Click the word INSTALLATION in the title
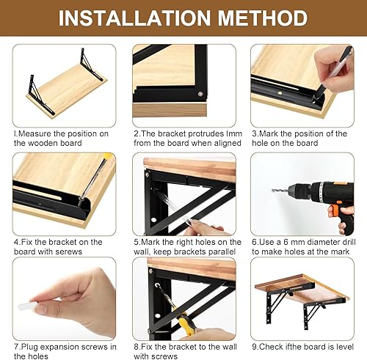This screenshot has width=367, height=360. click(134, 18)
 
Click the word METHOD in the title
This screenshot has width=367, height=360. click(263, 18)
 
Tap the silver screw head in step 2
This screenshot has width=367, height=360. click(200, 94)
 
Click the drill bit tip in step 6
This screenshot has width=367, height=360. click(272, 190)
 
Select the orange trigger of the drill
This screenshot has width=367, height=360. click(333, 210)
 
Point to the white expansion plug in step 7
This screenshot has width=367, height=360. click(26, 306)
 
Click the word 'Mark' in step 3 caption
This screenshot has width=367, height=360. click(269, 133)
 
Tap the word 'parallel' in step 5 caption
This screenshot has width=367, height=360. click(222, 251)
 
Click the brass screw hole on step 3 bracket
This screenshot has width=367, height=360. click(280, 92)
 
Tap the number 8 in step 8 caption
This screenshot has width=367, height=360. click(136, 347)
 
